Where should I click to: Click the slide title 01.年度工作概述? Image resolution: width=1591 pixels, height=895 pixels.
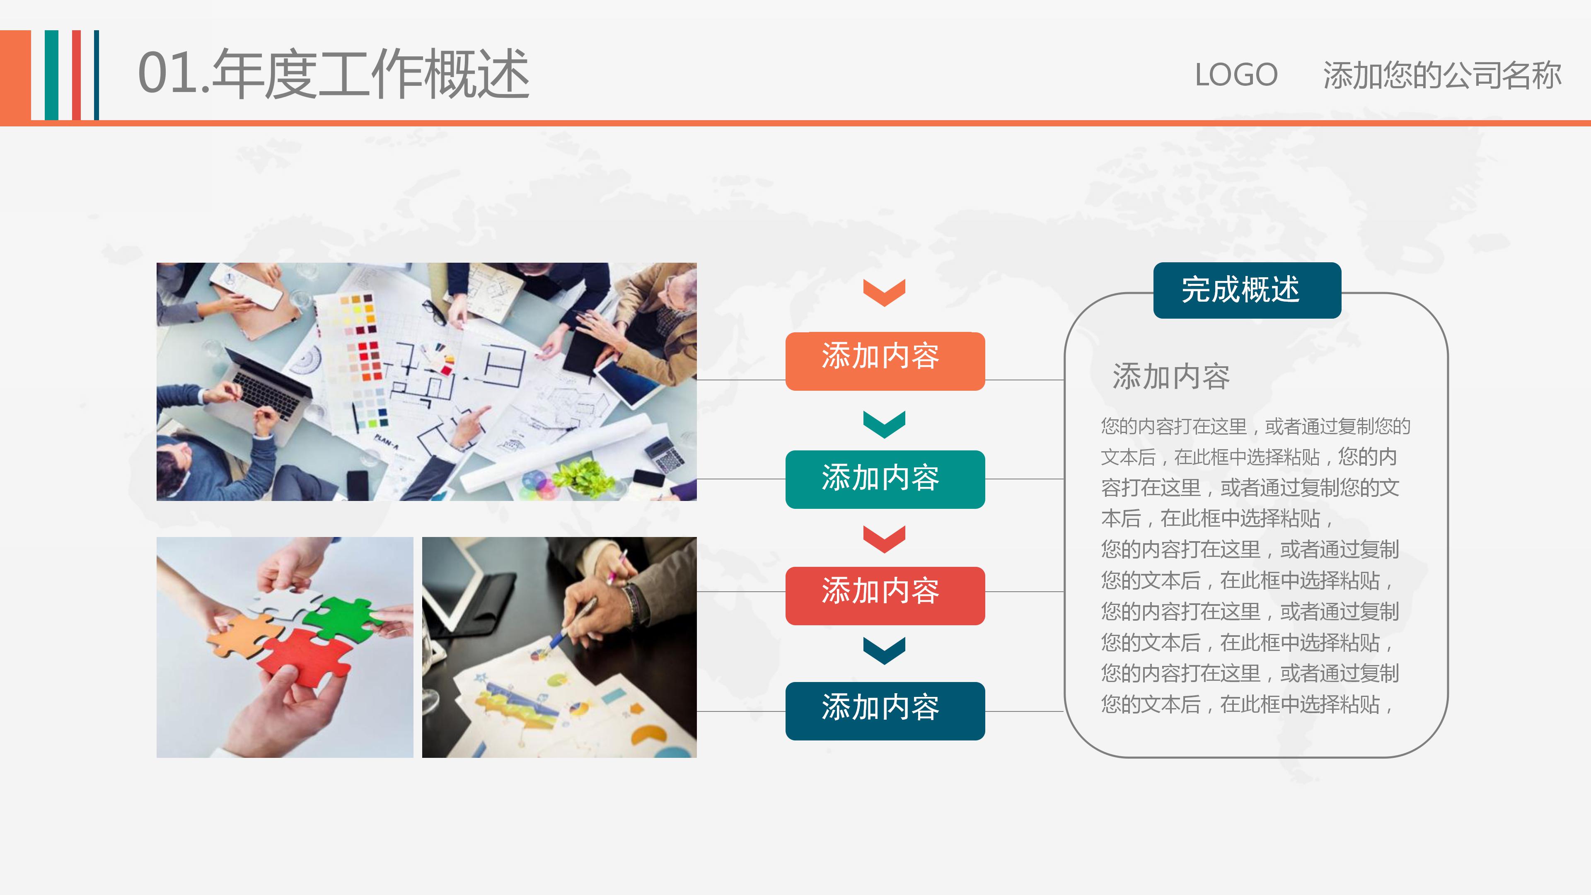point(334,74)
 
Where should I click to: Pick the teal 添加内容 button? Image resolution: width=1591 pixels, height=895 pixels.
point(885,479)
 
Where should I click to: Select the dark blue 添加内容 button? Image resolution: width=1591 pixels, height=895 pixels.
point(885,710)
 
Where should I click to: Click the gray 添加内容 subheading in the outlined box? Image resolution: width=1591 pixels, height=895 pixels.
point(1171,377)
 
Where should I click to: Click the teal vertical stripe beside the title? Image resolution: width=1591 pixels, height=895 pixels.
point(52,75)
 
